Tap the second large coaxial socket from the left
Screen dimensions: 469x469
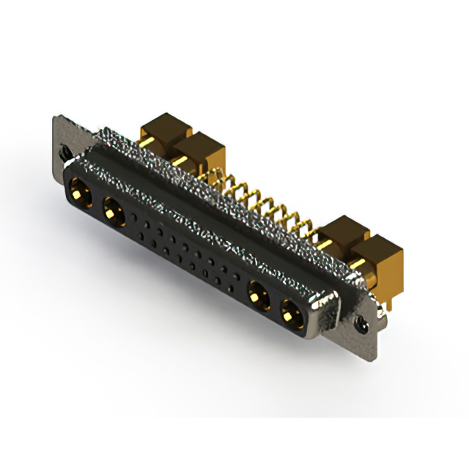coord(113,213)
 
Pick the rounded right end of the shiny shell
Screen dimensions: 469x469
coord(326,311)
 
